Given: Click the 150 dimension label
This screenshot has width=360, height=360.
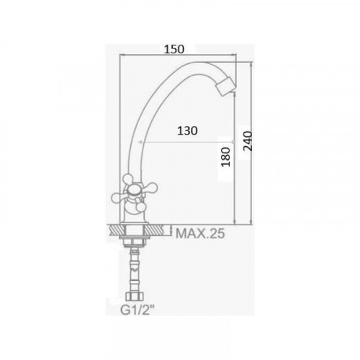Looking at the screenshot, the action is (x=174, y=49).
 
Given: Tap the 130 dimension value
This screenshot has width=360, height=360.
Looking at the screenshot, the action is (x=187, y=131).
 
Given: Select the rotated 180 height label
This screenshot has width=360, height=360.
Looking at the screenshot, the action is (x=225, y=157).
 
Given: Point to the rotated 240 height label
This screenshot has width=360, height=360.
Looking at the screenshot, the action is (x=248, y=141).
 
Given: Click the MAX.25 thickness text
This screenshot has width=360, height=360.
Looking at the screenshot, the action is (x=200, y=233).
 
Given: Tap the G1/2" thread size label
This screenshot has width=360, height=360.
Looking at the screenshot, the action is (x=138, y=310).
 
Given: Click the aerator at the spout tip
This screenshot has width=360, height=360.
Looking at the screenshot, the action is (x=226, y=86).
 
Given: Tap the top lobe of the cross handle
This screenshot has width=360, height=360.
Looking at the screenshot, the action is (x=127, y=179).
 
